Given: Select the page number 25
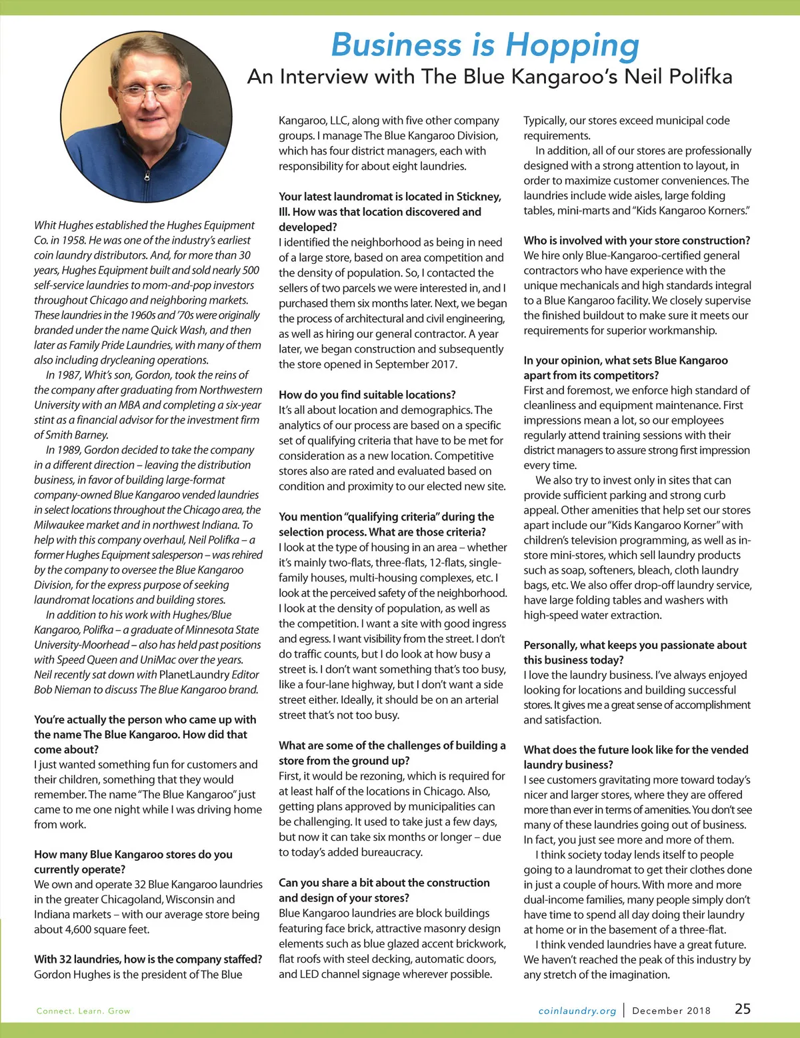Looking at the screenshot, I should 743,1009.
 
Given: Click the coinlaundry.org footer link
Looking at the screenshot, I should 577,1011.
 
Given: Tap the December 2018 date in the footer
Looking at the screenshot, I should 671,1011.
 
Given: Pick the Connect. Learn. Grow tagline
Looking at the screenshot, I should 83,1011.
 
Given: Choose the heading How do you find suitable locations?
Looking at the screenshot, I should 367,394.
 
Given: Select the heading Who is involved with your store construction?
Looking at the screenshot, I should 637,241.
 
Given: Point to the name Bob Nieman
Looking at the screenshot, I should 66,690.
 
